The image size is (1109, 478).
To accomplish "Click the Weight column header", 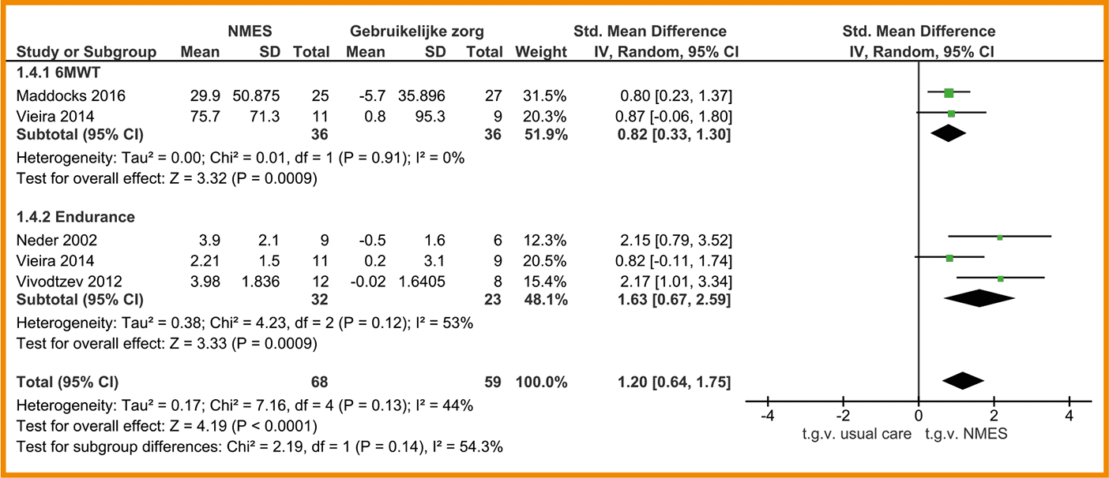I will pos(541,53).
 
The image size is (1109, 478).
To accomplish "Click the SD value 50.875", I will pos(256,96).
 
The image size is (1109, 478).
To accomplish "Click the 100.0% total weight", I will pos(541,383).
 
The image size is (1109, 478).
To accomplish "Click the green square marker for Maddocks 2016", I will pos(949,93).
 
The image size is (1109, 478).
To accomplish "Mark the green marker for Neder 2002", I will pos(1000,237).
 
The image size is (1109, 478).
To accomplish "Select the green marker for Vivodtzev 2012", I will pos(1001,278).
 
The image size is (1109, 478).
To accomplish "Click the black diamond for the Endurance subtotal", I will pos(979,298).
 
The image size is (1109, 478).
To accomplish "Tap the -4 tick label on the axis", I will pos(766,416).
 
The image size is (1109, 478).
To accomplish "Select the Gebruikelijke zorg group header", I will pos(417,32).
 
